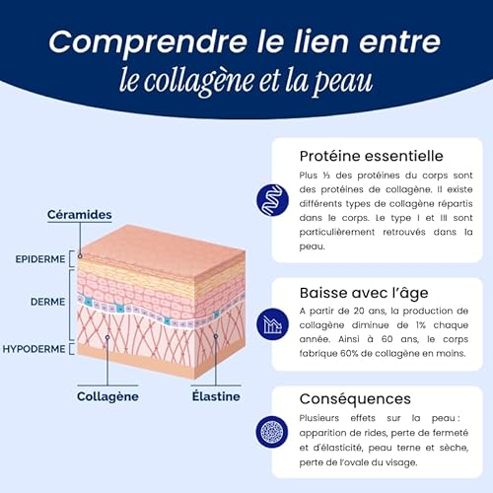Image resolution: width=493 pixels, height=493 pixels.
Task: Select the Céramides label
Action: click(x=80, y=215)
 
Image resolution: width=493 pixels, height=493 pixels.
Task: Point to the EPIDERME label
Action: click(x=41, y=259)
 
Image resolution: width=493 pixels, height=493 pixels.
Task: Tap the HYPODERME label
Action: click(x=35, y=349)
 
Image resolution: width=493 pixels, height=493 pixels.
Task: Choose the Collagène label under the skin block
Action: click(x=107, y=396)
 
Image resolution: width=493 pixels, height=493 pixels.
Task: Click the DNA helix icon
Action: click(x=270, y=198)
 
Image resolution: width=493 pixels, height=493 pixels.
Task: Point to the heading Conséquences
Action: click(x=356, y=398)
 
